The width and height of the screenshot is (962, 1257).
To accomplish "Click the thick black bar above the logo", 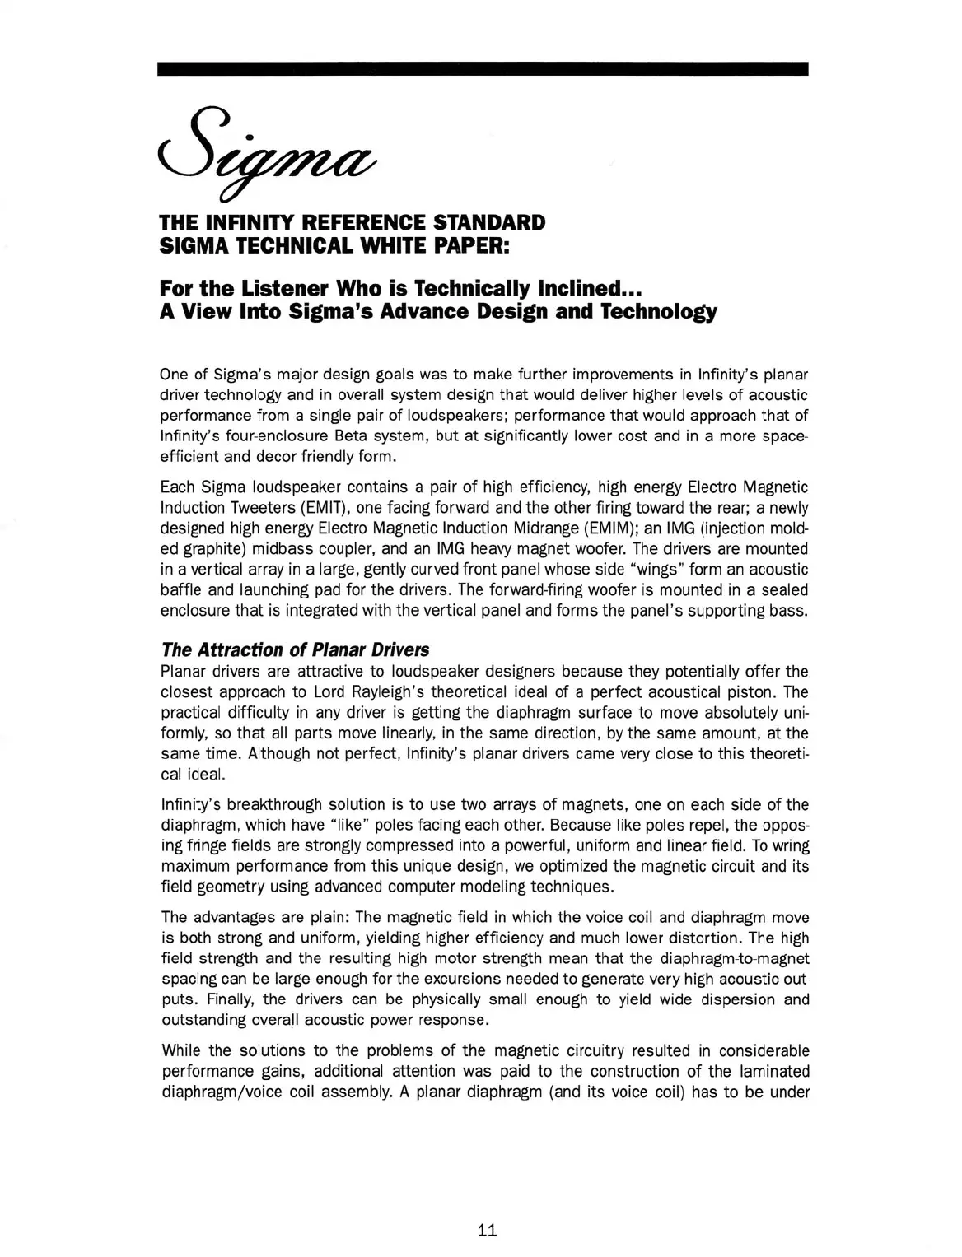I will click(483, 69).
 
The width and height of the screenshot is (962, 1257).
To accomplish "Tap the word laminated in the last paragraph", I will click(773, 1072).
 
